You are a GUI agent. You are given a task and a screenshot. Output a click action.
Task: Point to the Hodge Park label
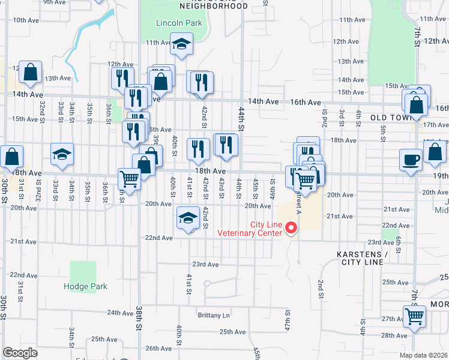(x=85, y=286)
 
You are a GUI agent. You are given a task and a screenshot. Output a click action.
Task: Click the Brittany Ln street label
(x=214, y=315)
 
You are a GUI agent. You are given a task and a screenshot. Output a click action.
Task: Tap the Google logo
(x=20, y=353)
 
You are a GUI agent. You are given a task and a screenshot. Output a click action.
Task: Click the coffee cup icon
(x=411, y=160)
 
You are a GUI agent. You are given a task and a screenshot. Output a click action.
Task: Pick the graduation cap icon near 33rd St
(x=62, y=154)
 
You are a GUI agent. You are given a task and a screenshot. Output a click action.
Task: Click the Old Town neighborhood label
(x=390, y=118)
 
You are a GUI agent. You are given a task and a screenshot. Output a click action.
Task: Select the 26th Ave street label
(x=158, y=348)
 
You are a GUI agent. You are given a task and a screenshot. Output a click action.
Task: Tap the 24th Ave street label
(x=120, y=313)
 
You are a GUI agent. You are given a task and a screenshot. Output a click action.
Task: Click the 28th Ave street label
(x=394, y=335)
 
